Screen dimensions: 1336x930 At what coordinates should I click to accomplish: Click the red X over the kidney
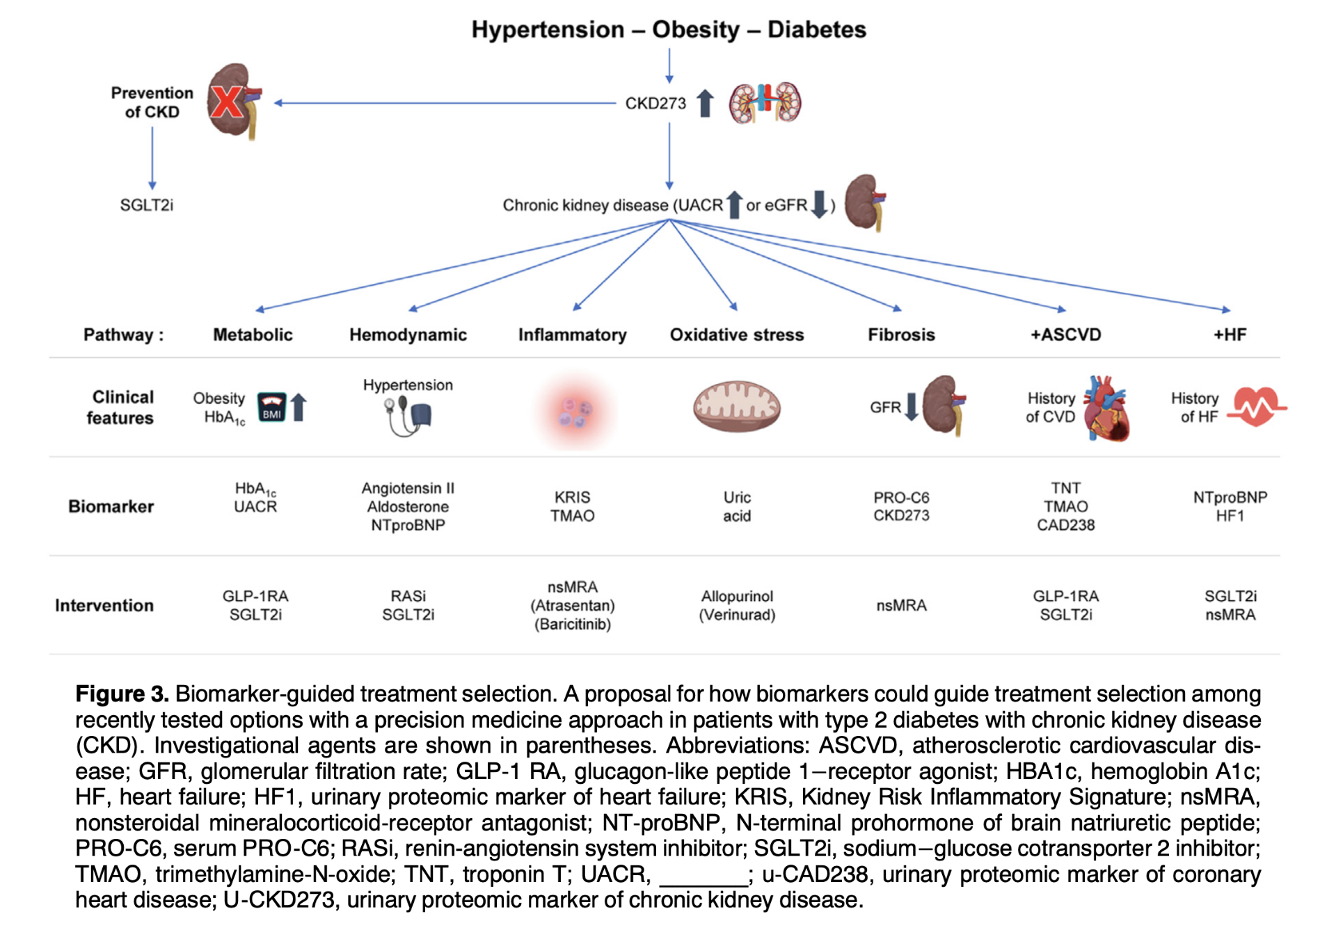(228, 102)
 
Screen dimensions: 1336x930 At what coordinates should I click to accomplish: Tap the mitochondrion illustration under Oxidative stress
(736, 406)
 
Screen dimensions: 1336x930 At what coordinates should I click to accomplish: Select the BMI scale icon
(271, 408)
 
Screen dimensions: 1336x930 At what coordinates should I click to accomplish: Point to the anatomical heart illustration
(1107, 409)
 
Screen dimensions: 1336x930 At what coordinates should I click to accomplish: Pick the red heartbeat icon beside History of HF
(1257, 407)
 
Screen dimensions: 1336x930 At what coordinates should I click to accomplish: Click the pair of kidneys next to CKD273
(765, 103)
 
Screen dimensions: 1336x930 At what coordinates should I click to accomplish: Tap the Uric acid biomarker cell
(737, 506)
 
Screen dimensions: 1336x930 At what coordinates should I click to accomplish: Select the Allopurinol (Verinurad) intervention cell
(737, 605)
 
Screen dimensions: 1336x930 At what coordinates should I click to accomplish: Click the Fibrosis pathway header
(901, 335)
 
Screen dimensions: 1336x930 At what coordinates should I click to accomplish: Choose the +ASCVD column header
(1065, 335)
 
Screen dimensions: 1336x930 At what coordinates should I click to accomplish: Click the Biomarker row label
(111, 506)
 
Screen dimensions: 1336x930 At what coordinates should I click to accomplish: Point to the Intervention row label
(104, 605)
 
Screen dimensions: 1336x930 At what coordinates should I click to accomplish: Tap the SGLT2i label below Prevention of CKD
(146, 205)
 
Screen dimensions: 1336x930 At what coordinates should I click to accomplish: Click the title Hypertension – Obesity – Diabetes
(669, 29)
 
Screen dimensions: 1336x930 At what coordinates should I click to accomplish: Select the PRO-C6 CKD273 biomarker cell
(901, 506)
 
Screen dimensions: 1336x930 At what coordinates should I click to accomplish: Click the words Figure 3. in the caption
(122, 694)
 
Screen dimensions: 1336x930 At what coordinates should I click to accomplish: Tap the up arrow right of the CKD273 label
(705, 103)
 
